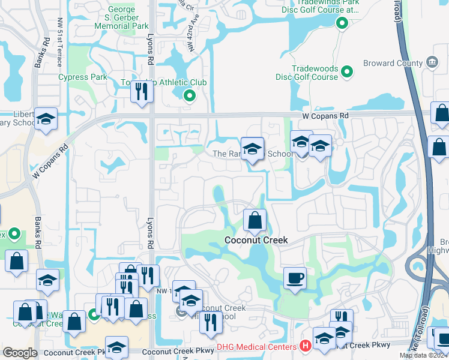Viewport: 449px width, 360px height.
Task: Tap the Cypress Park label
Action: click(x=82, y=77)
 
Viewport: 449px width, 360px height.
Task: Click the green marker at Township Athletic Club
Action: click(x=189, y=95)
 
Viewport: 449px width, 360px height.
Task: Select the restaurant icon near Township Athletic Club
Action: click(x=140, y=92)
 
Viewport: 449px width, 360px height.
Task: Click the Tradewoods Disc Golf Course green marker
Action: click(x=346, y=73)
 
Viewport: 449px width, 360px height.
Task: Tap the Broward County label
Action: click(x=393, y=63)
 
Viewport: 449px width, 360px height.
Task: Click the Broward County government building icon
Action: click(x=431, y=62)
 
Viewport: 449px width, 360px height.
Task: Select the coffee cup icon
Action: click(x=294, y=278)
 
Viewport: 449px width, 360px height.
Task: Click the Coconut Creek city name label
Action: click(x=256, y=240)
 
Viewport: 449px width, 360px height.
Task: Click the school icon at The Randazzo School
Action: click(x=253, y=148)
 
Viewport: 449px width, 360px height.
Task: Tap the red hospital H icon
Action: click(x=306, y=346)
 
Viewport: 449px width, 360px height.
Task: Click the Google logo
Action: click(x=20, y=353)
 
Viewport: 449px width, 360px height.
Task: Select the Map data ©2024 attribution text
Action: click(x=424, y=355)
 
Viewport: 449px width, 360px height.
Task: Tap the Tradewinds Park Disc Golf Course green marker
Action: click(x=342, y=24)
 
